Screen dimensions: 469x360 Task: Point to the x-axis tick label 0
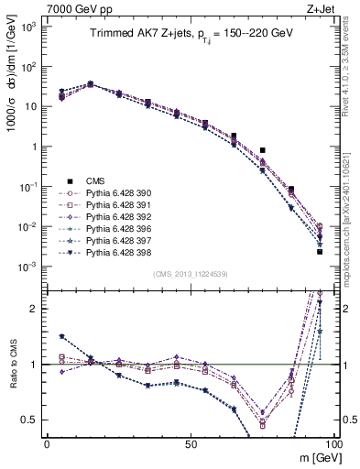click(x=47, y=443)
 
